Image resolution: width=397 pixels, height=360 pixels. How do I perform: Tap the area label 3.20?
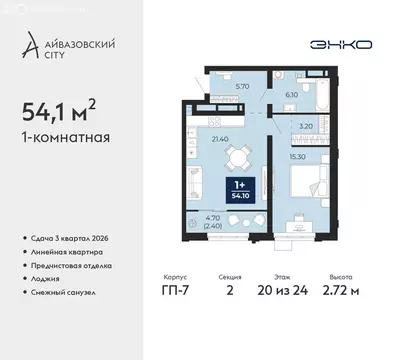[306, 127]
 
